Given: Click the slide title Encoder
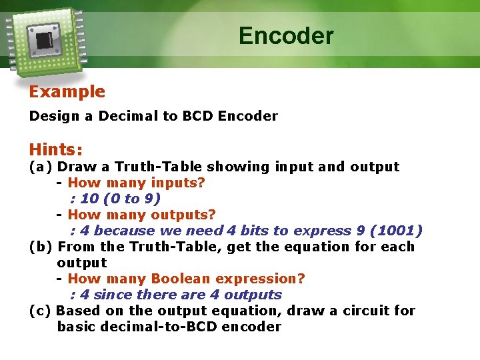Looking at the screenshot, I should click(x=286, y=35).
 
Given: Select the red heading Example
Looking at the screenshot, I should click(x=67, y=92).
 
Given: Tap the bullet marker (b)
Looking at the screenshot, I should click(x=41, y=247).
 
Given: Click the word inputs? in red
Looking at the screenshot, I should click(x=178, y=183).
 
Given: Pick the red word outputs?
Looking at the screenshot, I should click(x=183, y=215).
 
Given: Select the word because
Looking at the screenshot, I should click(x=127, y=231).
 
